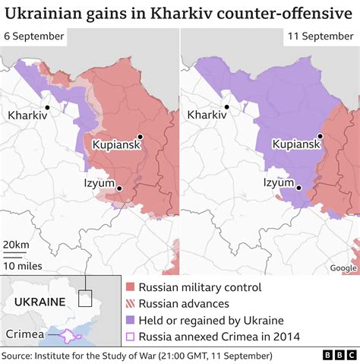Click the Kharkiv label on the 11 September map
click(207, 116)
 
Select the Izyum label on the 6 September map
click(99, 183)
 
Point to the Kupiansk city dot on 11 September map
click(321, 136)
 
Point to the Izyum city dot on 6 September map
click(119, 186)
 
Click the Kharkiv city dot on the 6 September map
click(48, 108)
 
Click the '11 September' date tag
click(318, 36)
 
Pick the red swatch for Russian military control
click(130, 287)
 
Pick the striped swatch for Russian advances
click(130, 304)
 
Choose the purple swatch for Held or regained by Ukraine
click(130, 320)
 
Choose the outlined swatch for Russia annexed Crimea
click(130, 337)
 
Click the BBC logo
click(332, 355)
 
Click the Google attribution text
click(343, 267)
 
